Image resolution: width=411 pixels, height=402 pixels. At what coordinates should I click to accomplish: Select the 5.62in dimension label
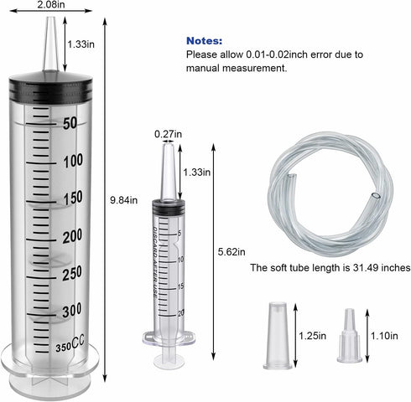(231, 251)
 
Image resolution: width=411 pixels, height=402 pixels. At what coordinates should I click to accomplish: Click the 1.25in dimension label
(312, 336)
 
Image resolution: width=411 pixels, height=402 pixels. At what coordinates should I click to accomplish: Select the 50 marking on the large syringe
(70, 123)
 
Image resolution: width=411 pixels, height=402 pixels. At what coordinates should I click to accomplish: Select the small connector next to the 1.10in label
(350, 338)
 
